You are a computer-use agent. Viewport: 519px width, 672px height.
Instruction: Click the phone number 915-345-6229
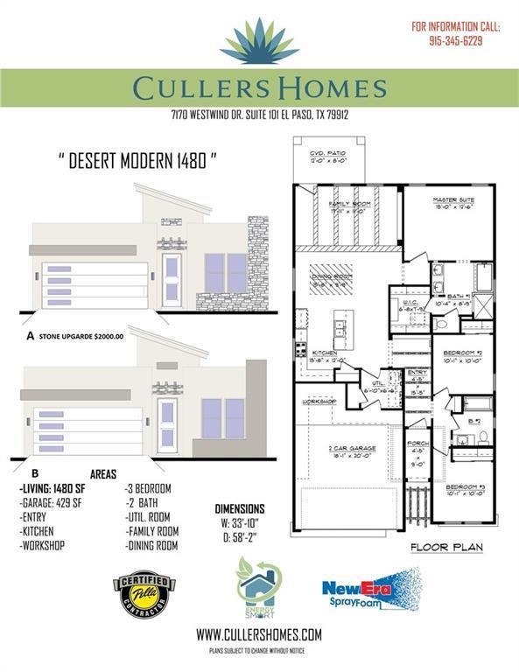[x=457, y=40]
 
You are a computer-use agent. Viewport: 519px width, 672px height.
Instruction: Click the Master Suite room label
[x=452, y=201]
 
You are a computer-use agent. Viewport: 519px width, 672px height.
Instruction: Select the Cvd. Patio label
[x=328, y=157]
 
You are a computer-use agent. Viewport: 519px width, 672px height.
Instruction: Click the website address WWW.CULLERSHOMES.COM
[x=259, y=634]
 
